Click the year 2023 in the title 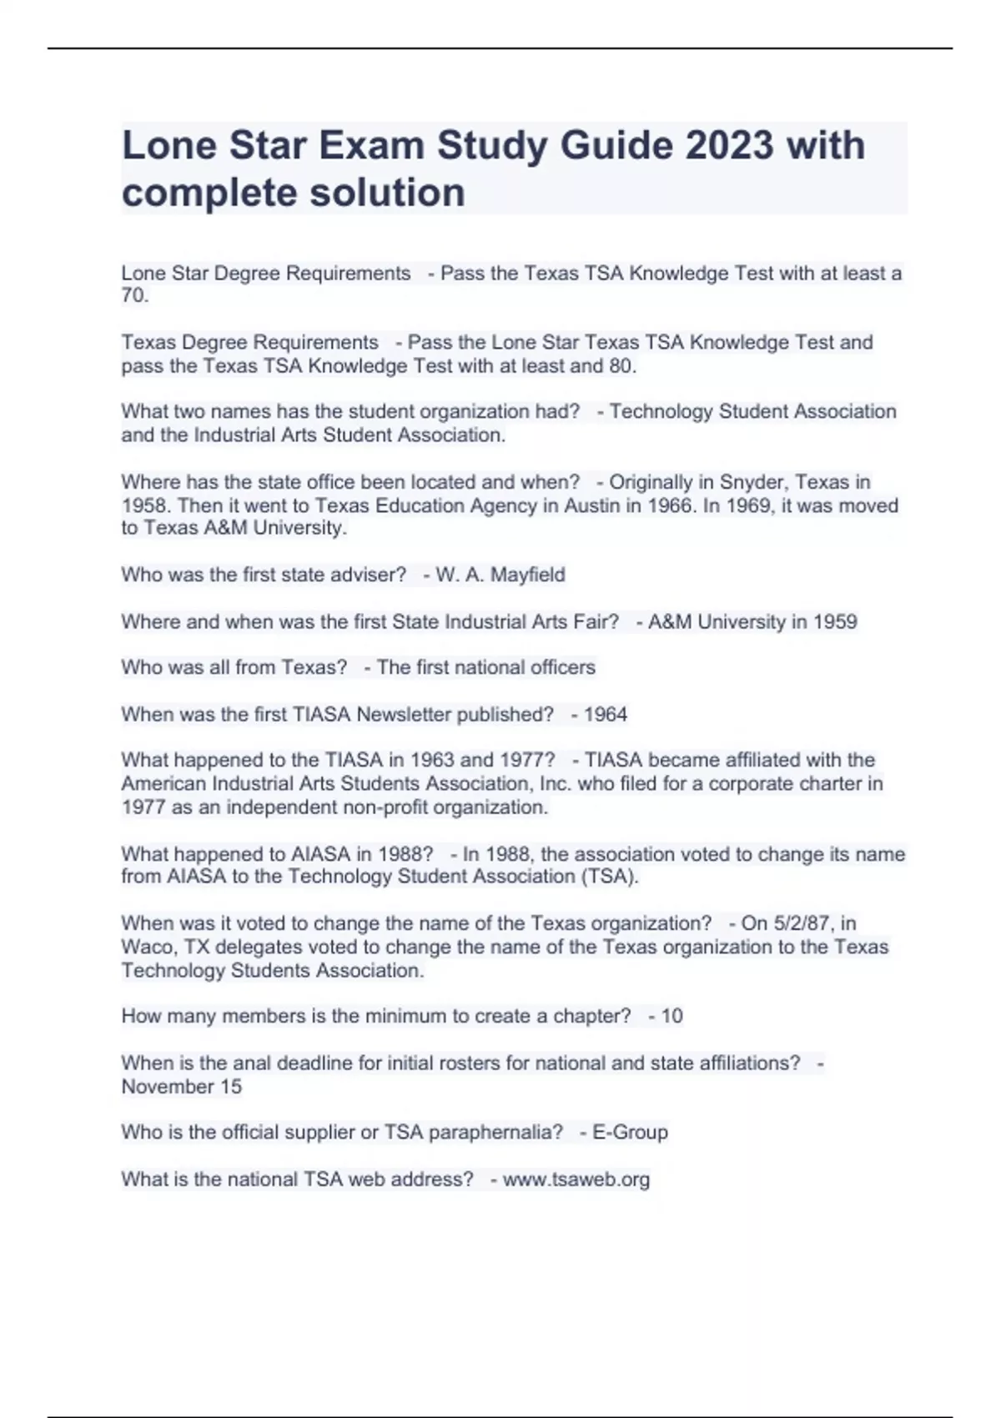(x=729, y=146)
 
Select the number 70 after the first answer (x=133, y=296)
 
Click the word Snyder (x=750, y=482)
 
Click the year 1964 (x=606, y=714)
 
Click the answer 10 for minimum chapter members (x=672, y=1016)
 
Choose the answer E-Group (x=630, y=1132)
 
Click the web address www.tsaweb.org (x=576, y=1179)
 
